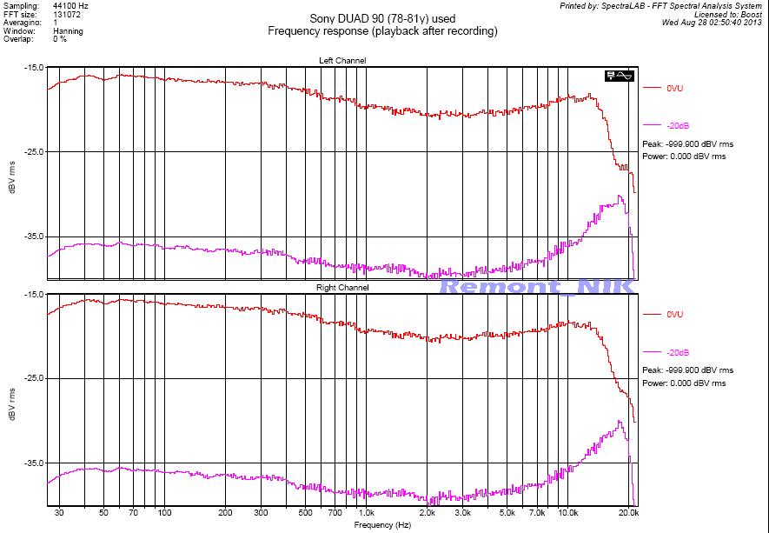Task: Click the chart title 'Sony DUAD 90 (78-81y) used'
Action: (x=382, y=18)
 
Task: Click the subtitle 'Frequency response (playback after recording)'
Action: (x=382, y=31)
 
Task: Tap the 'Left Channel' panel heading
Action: (x=342, y=60)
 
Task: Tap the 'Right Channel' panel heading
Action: (x=342, y=287)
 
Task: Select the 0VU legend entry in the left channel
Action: (x=675, y=88)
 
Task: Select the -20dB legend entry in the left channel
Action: (x=678, y=126)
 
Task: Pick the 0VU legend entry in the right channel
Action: (x=675, y=314)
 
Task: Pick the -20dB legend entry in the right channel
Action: (x=678, y=352)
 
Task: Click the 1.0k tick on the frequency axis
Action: (x=366, y=514)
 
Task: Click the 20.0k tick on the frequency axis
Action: (x=629, y=514)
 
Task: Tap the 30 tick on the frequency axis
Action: (x=59, y=514)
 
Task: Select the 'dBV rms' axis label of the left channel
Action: (x=11, y=177)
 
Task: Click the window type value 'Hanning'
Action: (x=68, y=31)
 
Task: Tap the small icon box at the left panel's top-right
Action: (x=622, y=76)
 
